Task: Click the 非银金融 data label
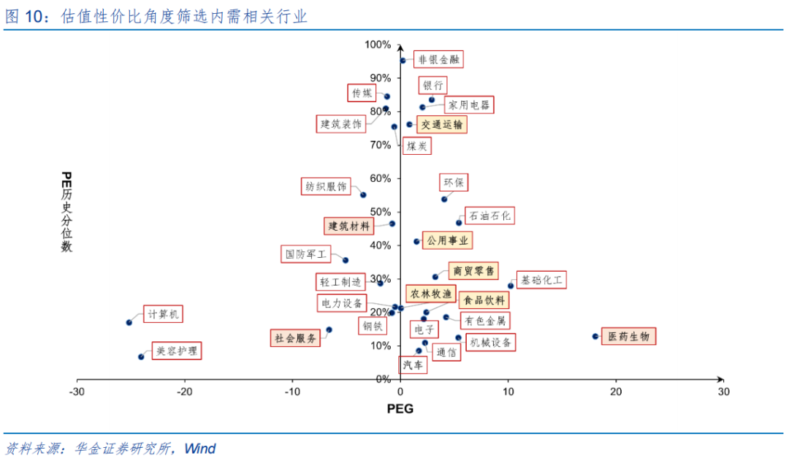pos(439,60)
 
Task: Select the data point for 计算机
pos(129,322)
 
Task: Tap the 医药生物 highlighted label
pos(628,337)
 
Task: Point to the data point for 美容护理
pos(141,357)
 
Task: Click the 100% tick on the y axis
pos(378,45)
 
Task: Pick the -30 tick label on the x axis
pos(77,392)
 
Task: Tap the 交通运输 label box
pos(442,125)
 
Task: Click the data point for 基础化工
pos(511,286)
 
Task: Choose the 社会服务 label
pos(295,338)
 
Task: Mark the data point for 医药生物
pos(595,337)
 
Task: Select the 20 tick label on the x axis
pos(616,392)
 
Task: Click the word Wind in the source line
pos(199,449)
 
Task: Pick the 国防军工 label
pos(305,254)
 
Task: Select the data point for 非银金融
pos(403,61)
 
